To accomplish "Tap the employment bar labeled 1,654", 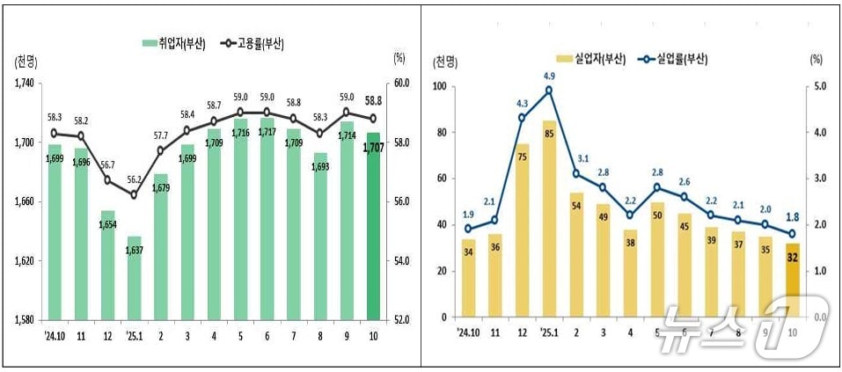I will point(107,264).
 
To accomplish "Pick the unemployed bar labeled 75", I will point(523,237).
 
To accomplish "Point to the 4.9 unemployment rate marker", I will point(549,90).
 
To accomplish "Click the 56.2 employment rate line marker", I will point(134,194).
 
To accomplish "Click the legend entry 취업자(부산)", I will point(174,43).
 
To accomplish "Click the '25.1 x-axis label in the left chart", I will point(134,334).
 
